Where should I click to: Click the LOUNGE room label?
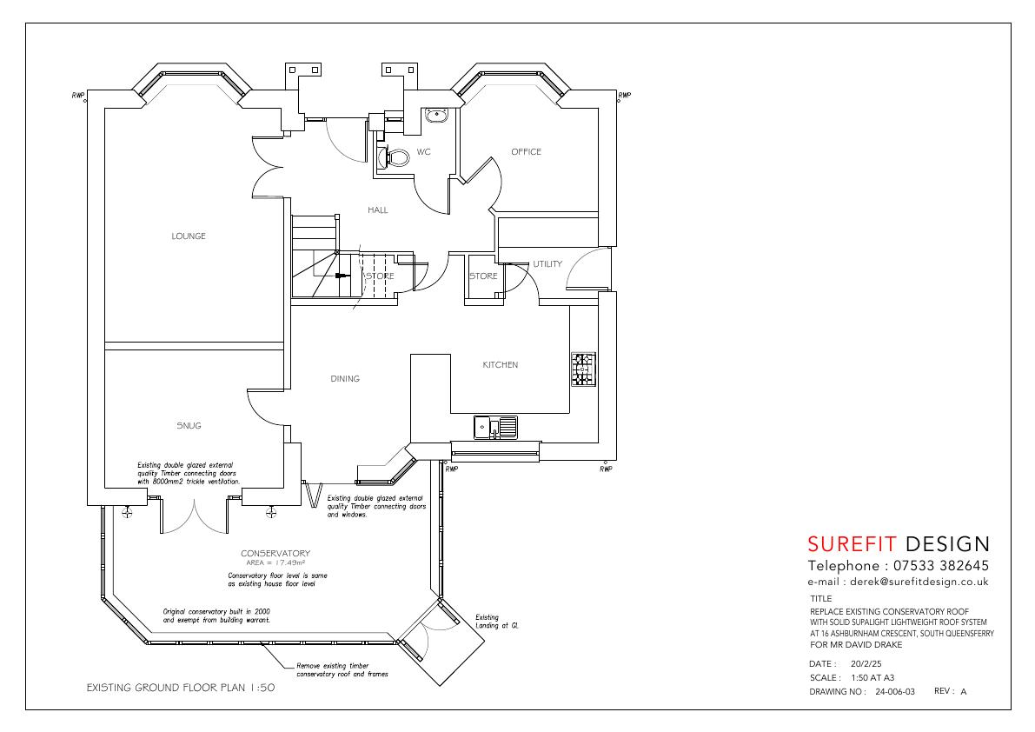tap(189, 236)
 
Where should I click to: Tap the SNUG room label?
tap(189, 426)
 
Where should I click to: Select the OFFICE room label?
tap(526, 152)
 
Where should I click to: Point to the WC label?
tap(424, 152)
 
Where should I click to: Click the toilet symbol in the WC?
tap(394, 157)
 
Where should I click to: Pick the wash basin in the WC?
tap(437, 116)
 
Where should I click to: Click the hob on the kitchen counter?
tap(583, 369)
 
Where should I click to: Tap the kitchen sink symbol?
tap(495, 427)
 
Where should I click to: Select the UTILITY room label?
tap(547, 264)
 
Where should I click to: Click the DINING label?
tap(345, 379)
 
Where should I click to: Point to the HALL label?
tap(378, 210)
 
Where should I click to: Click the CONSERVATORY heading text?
tap(275, 553)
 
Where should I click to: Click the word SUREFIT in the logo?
tap(853, 544)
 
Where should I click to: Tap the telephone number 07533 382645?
tap(941, 566)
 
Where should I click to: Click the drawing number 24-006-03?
tap(895, 692)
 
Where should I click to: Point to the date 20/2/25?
tap(866, 664)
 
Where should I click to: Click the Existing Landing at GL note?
tap(497, 622)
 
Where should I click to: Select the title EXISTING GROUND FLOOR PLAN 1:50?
tap(181, 688)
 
